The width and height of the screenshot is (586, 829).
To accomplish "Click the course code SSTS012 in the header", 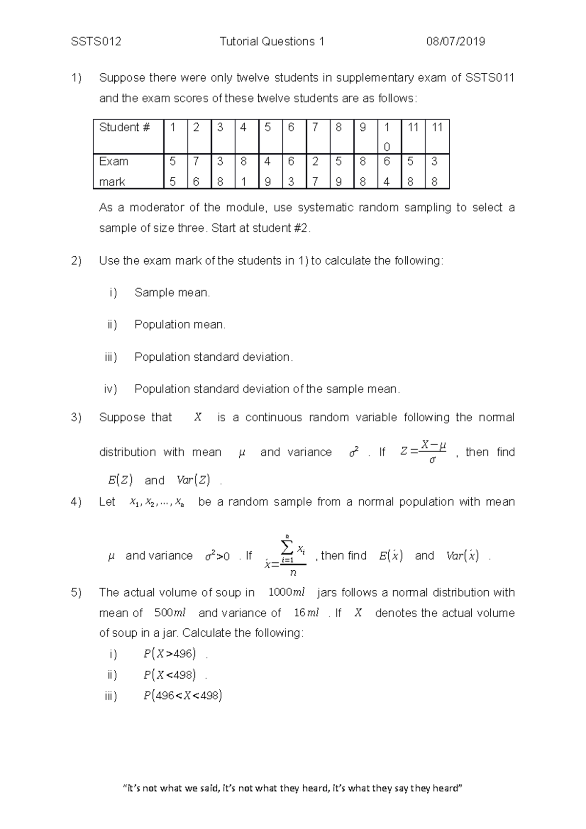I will coord(96,41).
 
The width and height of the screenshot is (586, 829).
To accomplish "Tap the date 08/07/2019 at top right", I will coord(456,41).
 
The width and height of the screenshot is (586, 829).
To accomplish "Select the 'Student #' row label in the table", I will coord(125,127).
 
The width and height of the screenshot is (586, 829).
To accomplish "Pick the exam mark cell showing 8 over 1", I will coord(244,171).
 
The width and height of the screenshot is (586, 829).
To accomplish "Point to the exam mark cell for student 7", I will coord(315,171).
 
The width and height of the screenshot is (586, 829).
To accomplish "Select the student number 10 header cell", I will coord(387,137).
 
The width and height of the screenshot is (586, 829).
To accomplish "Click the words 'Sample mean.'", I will coord(172,292).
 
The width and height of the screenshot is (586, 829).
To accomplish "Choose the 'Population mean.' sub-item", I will coord(180,324).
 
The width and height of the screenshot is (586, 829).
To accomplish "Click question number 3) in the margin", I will coord(76,417).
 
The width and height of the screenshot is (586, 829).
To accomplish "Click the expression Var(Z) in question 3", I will coord(193,480).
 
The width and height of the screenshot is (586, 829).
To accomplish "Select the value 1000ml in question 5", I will coord(287,593).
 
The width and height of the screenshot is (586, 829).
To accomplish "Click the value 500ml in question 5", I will coord(169,613).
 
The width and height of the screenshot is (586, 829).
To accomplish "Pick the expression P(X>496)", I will coord(169,654).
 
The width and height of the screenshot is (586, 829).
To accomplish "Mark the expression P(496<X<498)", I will coord(183,696).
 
